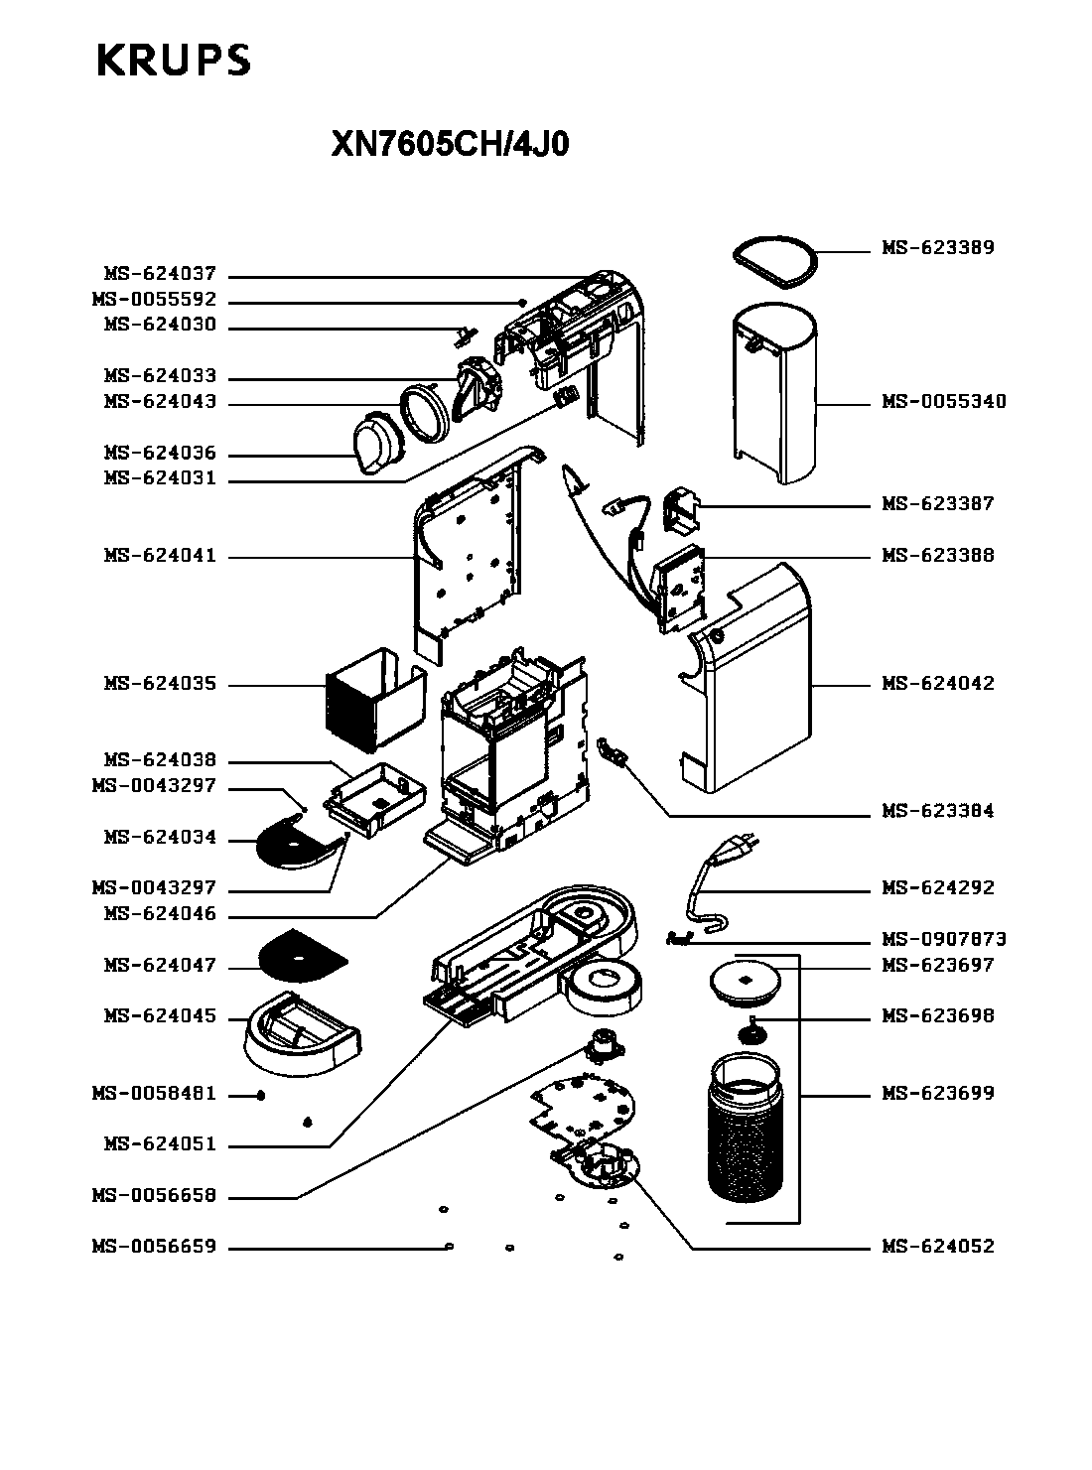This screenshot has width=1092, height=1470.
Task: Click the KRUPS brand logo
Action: (x=174, y=60)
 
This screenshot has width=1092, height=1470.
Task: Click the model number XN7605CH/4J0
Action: (x=450, y=144)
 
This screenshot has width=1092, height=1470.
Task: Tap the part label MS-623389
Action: (x=937, y=248)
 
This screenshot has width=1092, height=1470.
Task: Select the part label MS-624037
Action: (x=160, y=273)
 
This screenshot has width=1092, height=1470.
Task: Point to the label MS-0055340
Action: (x=943, y=401)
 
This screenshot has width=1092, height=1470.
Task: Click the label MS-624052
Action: (x=937, y=1246)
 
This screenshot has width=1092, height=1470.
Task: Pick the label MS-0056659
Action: (x=154, y=1246)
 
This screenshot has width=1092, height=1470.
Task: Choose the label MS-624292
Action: (x=937, y=887)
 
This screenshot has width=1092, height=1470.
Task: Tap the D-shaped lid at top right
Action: (x=775, y=262)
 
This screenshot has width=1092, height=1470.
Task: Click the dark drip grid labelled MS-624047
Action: (x=302, y=958)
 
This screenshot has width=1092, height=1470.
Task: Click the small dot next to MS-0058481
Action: (x=261, y=1096)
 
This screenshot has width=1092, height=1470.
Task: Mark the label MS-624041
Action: (x=160, y=556)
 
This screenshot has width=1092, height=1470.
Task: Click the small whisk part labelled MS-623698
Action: (x=750, y=1032)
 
